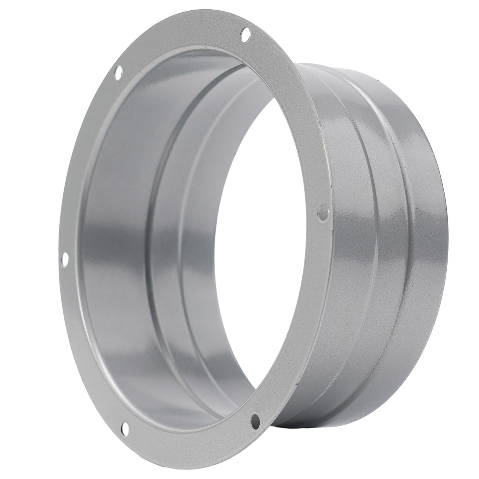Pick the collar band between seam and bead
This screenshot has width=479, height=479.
pyautogui.click(x=368, y=239)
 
